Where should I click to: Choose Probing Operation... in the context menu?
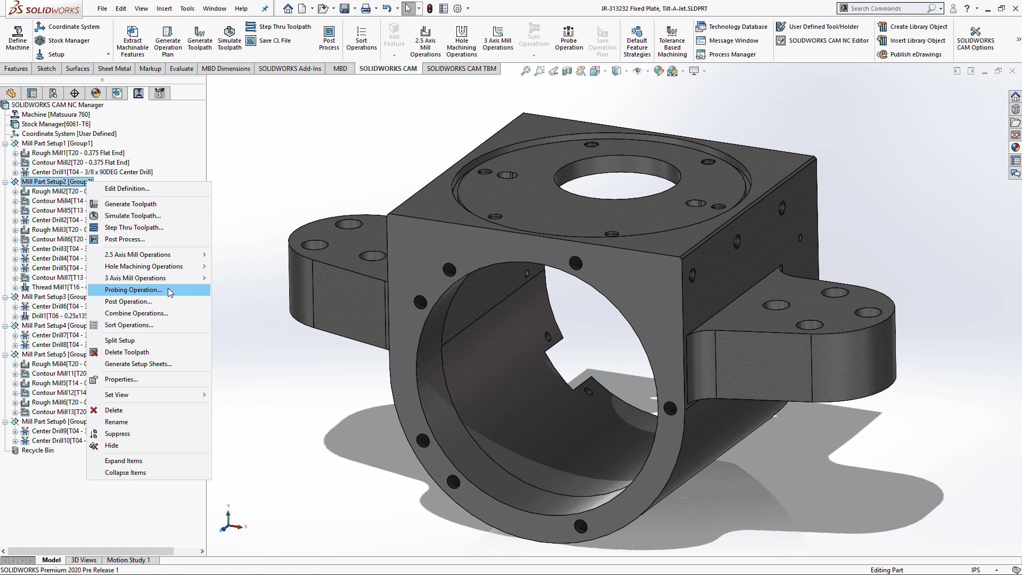point(133,290)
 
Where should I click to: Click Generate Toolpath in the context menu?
point(130,204)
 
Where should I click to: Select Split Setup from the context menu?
point(120,341)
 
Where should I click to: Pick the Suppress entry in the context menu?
point(117,434)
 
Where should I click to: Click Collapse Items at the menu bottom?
point(125,473)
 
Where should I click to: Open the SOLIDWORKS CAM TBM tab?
point(461,69)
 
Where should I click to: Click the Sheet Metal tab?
point(114,69)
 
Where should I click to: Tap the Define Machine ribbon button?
point(18,38)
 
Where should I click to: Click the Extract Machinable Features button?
point(133,41)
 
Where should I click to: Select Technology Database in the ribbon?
point(738,27)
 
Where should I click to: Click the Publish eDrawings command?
point(915,54)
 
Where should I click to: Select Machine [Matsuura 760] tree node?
point(55,115)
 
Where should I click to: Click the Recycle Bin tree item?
point(37,450)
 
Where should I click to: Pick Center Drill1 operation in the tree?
point(92,172)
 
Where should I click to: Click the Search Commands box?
point(887,9)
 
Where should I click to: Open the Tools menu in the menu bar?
point(187,9)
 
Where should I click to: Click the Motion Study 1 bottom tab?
point(128,560)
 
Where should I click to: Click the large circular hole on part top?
point(617,179)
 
